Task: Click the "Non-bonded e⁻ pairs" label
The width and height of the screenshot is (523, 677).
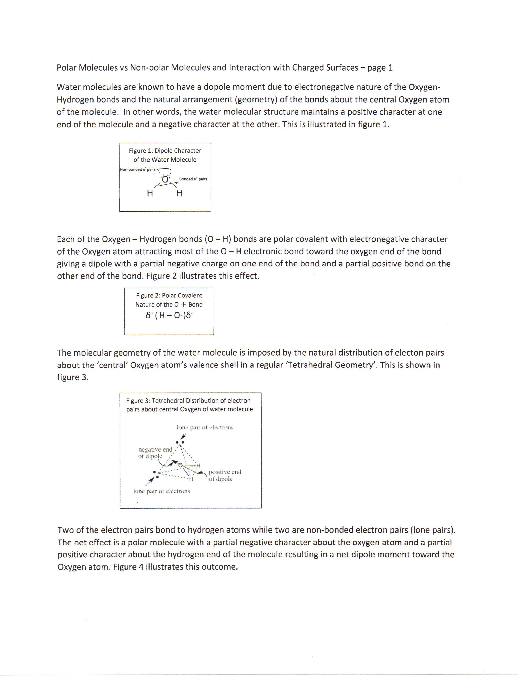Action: coord(138,170)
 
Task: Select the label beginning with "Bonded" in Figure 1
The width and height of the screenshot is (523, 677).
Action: coord(193,179)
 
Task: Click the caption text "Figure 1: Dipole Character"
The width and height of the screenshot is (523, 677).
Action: coord(165,151)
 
